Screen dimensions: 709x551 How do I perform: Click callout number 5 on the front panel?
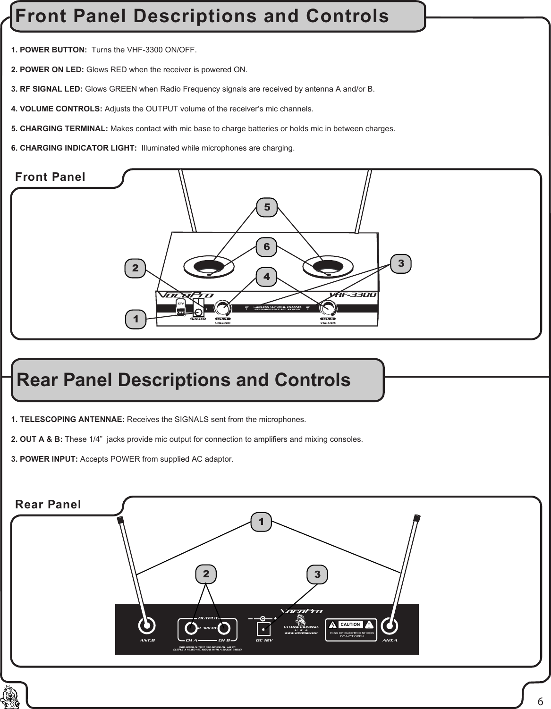(267, 207)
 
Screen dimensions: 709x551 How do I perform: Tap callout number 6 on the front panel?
(267, 247)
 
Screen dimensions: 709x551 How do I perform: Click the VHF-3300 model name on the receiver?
(353, 295)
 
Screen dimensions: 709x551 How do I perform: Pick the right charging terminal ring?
(328, 266)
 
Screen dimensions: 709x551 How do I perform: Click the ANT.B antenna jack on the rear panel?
(147, 626)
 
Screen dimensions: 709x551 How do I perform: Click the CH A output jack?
(191, 628)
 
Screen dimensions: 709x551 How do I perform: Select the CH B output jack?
(224, 628)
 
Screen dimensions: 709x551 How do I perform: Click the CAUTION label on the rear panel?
(350, 624)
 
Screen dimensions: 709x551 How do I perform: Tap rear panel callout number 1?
(261, 522)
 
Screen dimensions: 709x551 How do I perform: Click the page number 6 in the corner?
(540, 700)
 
